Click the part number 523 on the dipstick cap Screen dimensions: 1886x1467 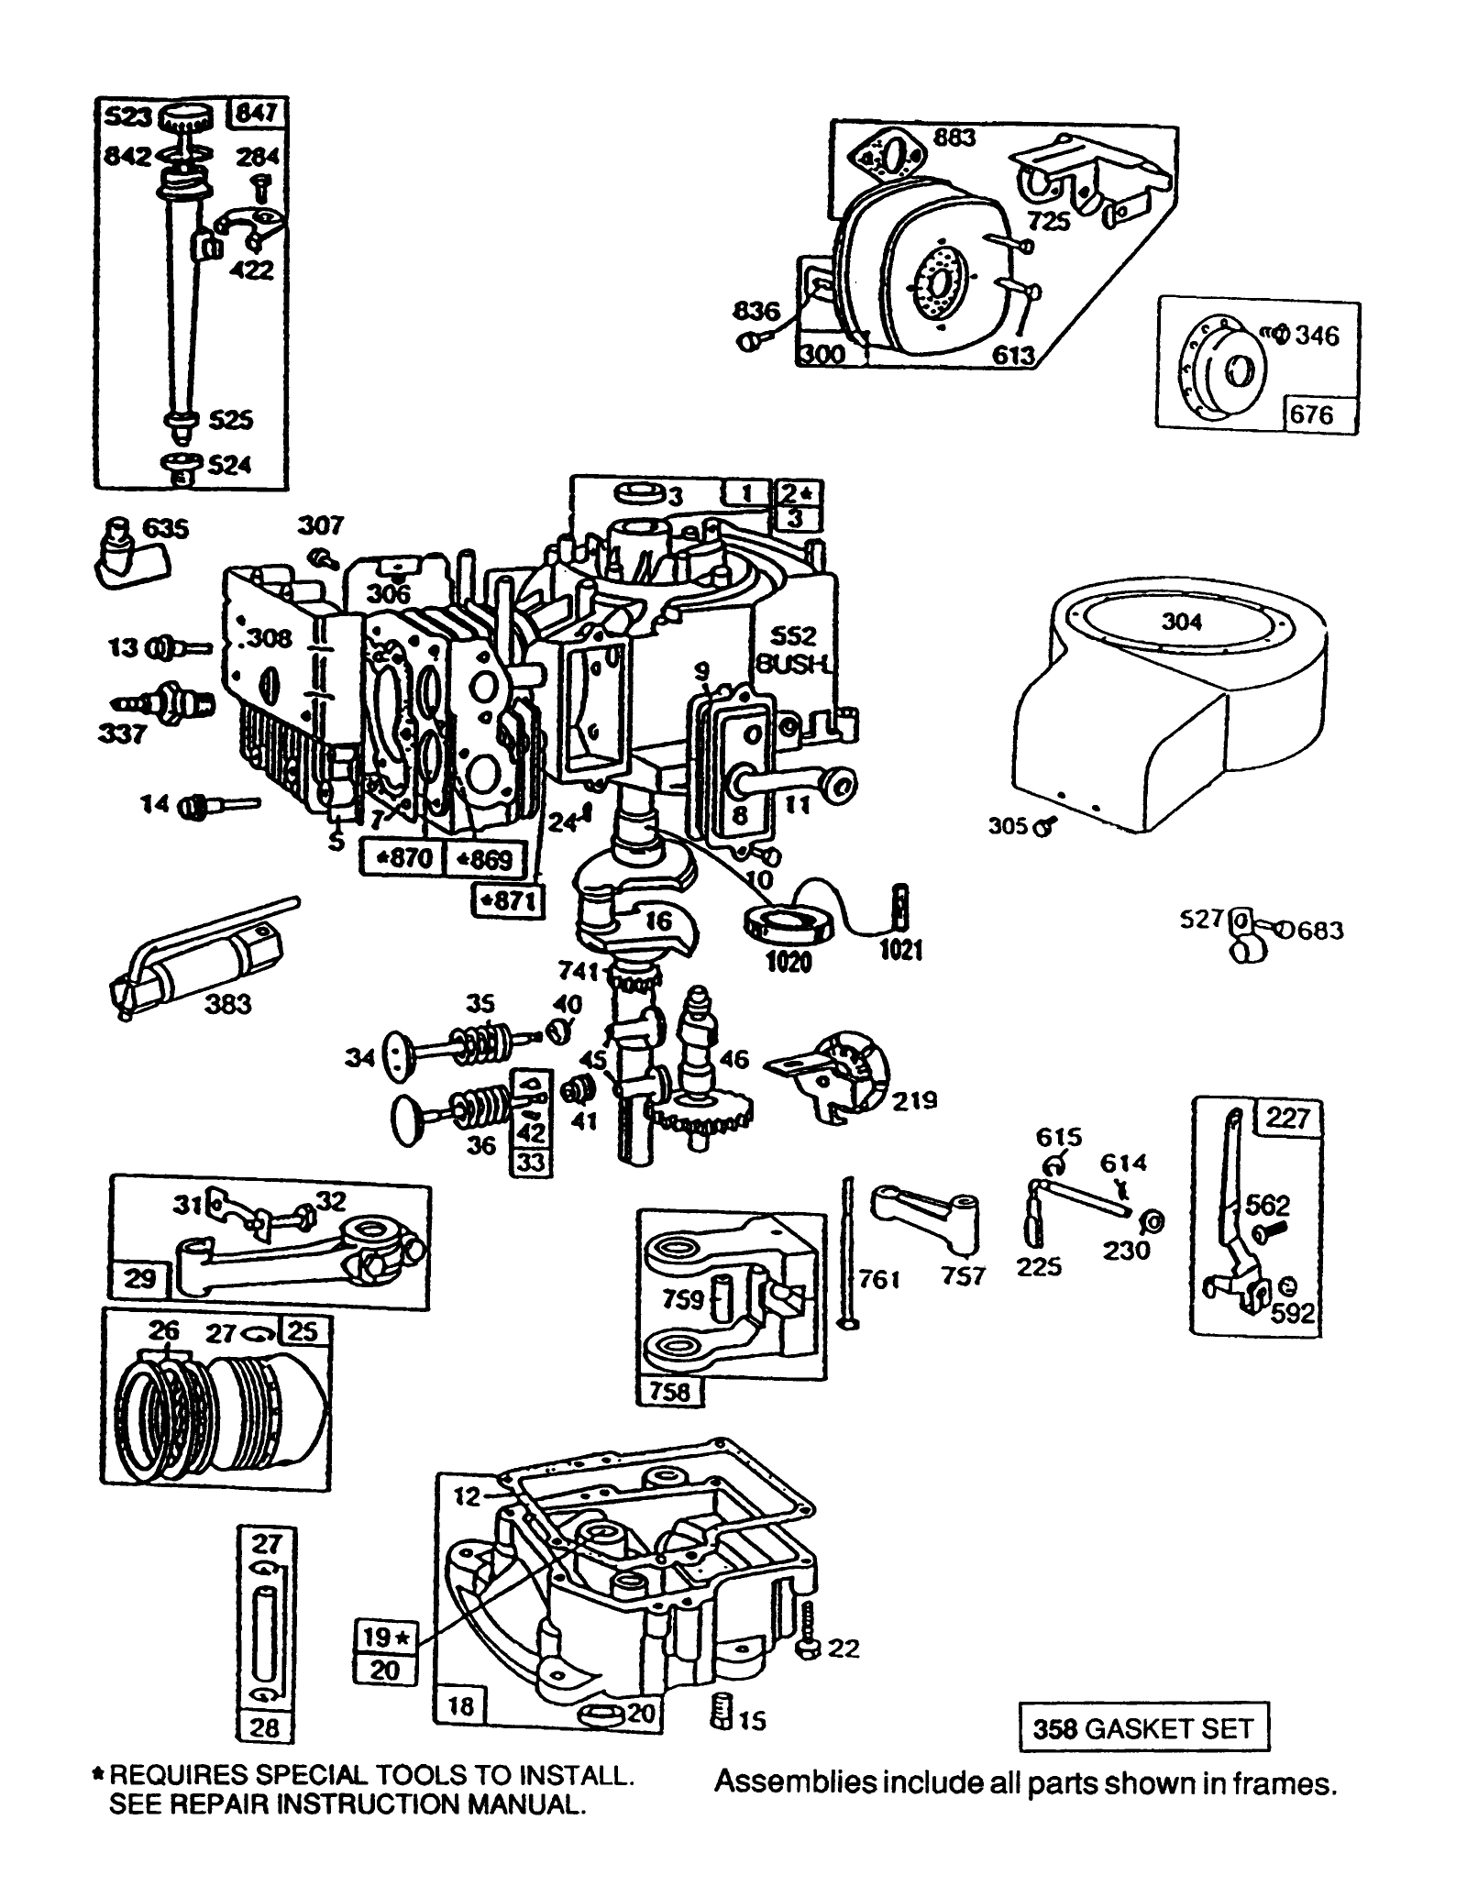click(x=127, y=117)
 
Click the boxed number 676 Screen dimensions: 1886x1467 click(x=1311, y=414)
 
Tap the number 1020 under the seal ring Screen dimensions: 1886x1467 click(x=789, y=962)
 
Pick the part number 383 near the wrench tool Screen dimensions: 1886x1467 click(x=227, y=1004)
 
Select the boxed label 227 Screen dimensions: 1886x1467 click(x=1288, y=1119)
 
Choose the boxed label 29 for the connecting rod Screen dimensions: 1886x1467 click(x=139, y=1277)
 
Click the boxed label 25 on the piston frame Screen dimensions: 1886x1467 click(x=302, y=1330)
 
